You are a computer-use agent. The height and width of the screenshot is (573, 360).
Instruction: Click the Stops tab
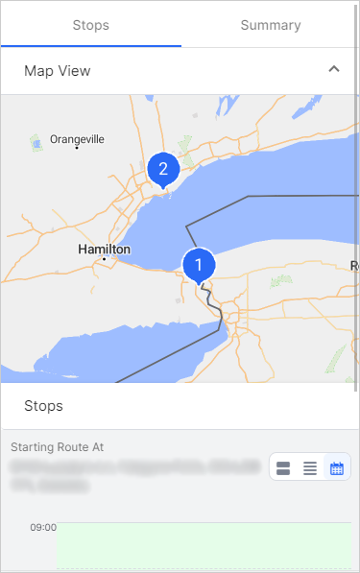90,25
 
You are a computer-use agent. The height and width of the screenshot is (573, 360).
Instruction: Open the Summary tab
270,25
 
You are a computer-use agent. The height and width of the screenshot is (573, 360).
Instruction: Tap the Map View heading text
58,70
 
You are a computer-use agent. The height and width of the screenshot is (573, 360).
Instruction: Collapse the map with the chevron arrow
334,69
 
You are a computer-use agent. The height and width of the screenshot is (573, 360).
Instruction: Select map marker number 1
199,263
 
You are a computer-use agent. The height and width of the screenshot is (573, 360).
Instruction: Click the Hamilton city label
104,249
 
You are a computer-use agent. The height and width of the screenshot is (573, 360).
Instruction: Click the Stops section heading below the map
43,406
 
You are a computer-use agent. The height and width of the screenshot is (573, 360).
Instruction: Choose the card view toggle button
283,468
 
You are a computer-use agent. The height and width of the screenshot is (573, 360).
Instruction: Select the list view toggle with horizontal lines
310,468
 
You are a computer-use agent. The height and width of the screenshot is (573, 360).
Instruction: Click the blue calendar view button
337,468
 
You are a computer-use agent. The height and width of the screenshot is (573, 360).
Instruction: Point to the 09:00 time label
43,527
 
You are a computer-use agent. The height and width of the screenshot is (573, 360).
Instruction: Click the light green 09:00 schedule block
203,545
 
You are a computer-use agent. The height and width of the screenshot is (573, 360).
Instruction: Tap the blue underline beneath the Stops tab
90,45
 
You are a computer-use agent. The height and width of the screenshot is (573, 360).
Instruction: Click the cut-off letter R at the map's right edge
355,265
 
